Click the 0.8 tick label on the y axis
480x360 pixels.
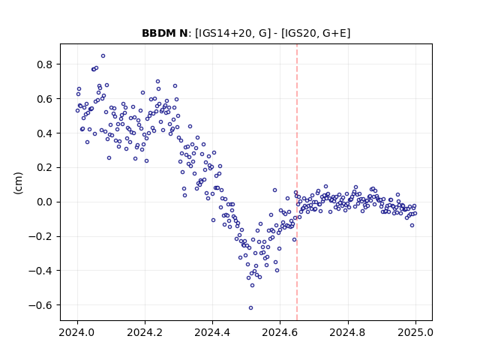(44, 64)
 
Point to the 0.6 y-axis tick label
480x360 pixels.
(44, 99)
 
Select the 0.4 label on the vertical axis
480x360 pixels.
(44, 133)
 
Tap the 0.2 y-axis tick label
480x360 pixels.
(44, 168)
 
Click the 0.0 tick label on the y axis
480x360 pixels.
(44, 202)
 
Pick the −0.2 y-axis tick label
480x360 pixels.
(40, 237)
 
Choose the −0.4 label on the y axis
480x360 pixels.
(40, 271)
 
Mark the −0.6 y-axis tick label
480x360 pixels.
(40, 305)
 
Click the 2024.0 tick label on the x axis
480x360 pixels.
(77, 332)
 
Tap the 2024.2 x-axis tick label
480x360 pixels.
(145, 332)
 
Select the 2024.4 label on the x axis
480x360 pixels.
(212, 332)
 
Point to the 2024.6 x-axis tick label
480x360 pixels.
(280, 332)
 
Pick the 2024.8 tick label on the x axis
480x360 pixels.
(348, 332)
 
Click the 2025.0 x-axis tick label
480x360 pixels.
(415, 332)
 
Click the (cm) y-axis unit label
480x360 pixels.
(18, 183)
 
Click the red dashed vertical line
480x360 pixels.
(297, 182)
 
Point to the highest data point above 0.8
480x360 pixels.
(103, 55)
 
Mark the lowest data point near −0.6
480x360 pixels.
(250, 307)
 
